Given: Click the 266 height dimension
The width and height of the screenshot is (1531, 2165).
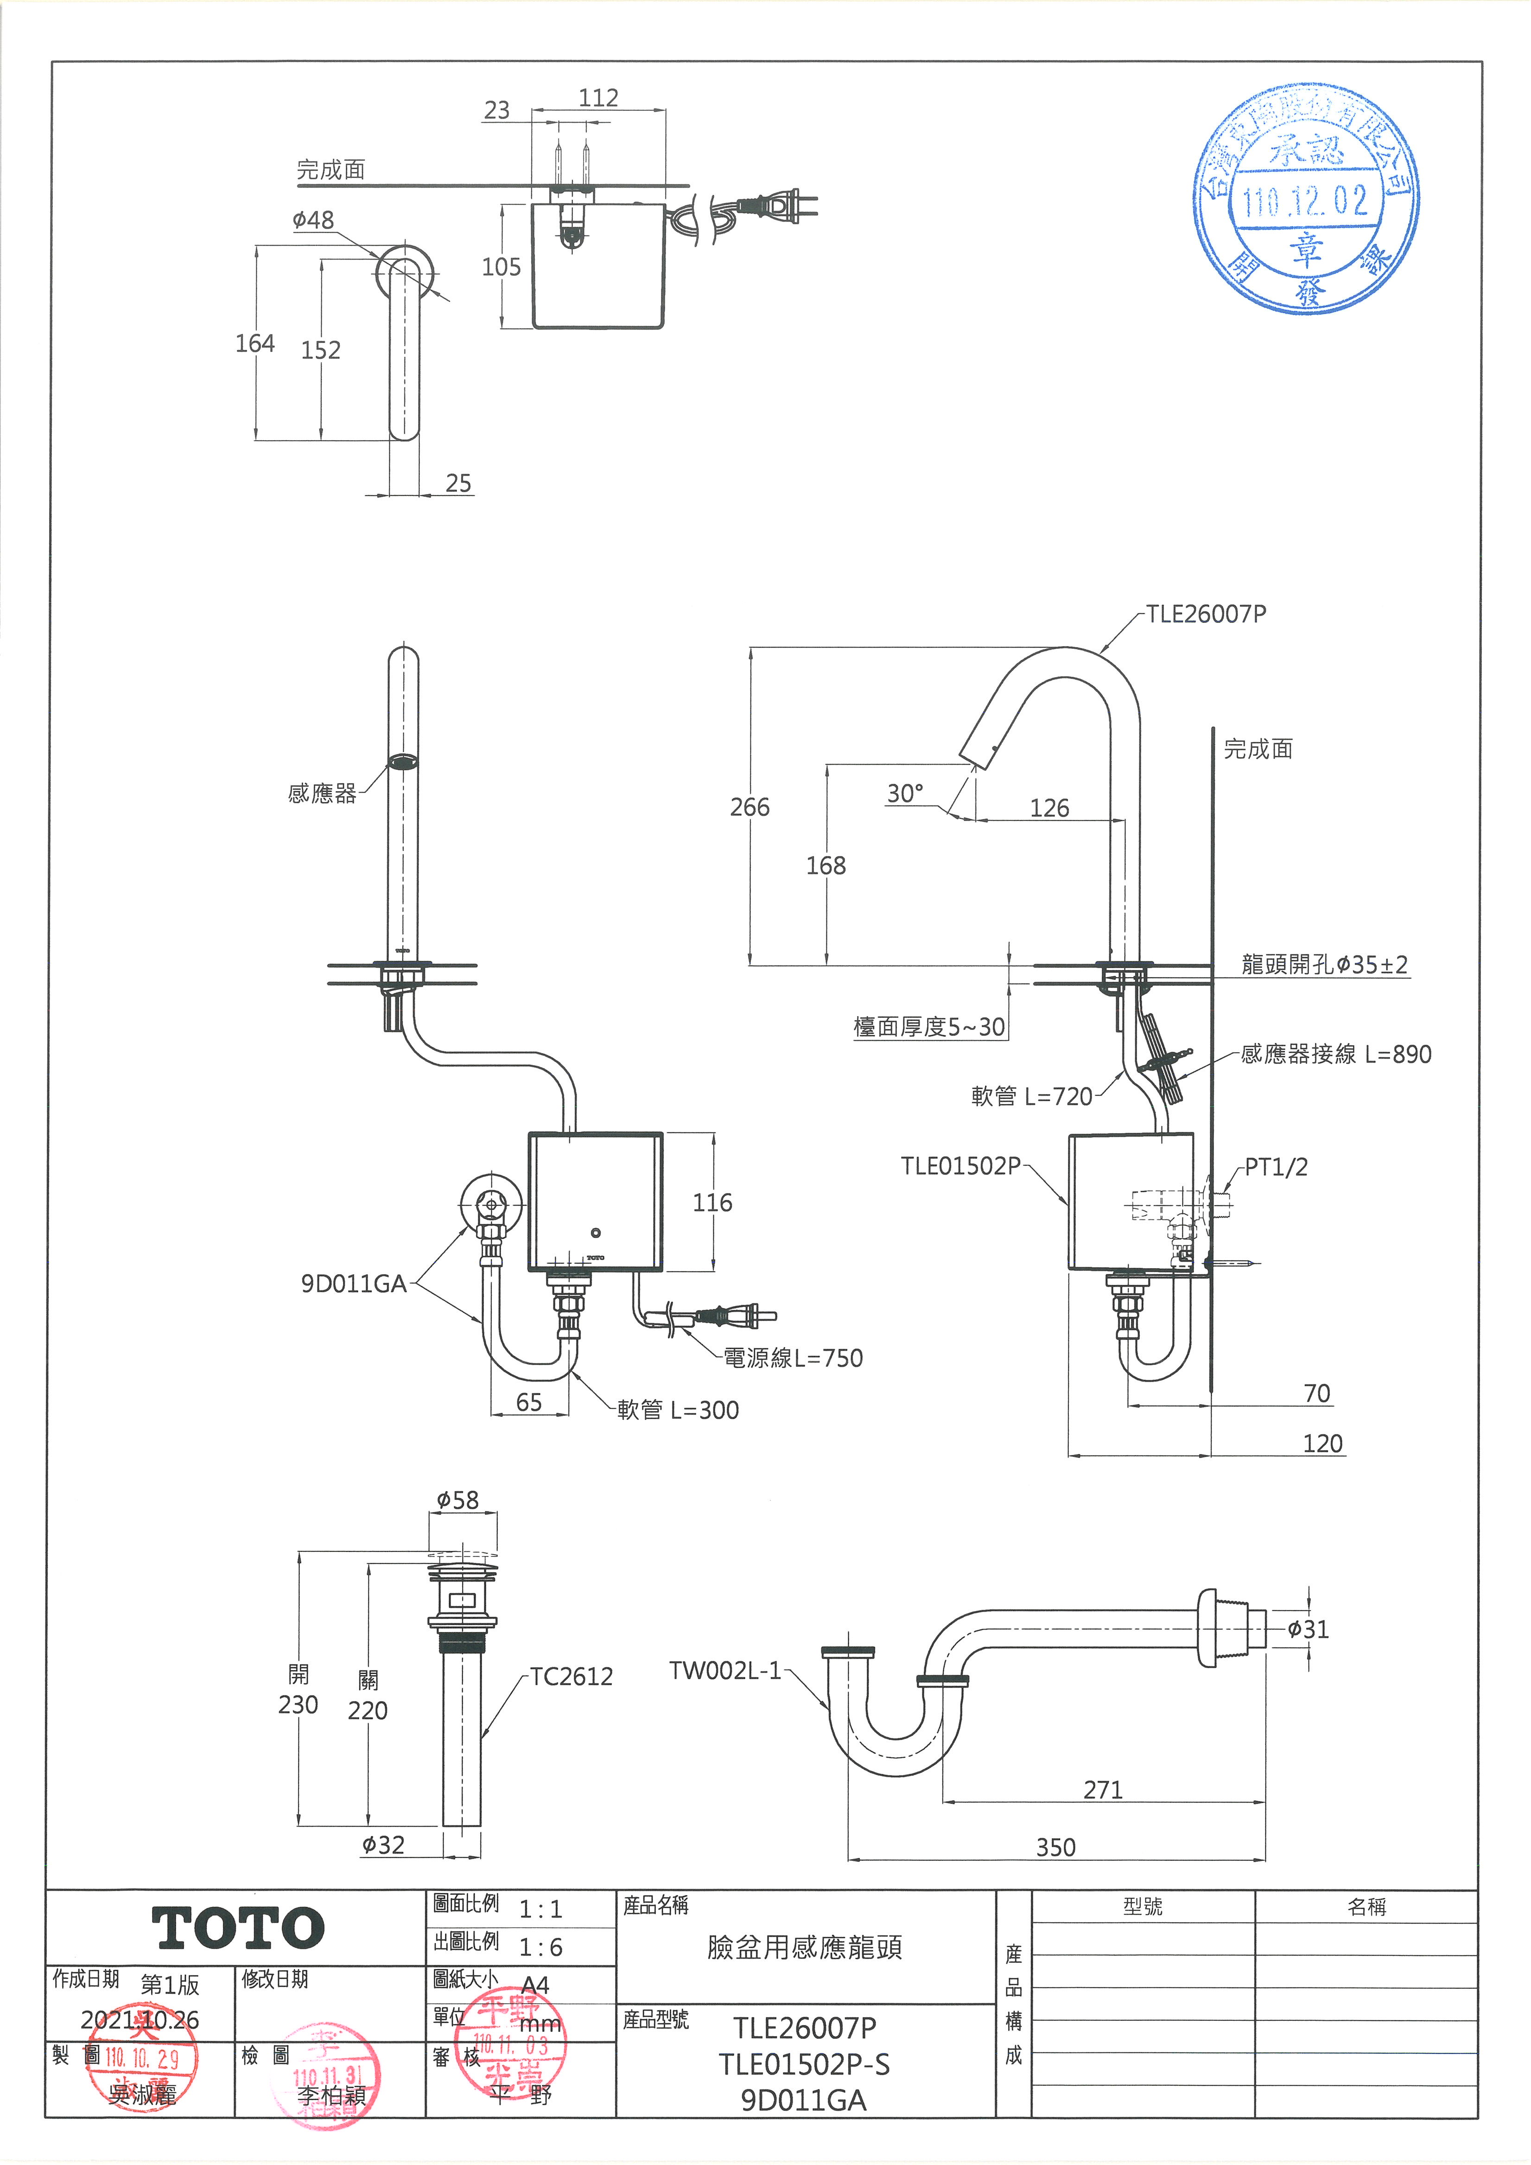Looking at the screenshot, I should point(750,807).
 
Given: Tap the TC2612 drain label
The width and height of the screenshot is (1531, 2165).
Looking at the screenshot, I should point(572,1676).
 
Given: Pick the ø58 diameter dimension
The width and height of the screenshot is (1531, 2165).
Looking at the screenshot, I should point(457,1499).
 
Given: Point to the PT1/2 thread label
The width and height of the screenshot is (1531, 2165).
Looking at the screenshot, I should point(1276,1168).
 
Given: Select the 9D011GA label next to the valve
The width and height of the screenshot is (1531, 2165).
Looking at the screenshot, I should point(354,1284).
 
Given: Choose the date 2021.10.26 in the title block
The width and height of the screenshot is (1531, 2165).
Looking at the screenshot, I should point(140,2020).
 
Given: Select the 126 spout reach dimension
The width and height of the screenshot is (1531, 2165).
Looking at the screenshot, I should point(1049,808).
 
